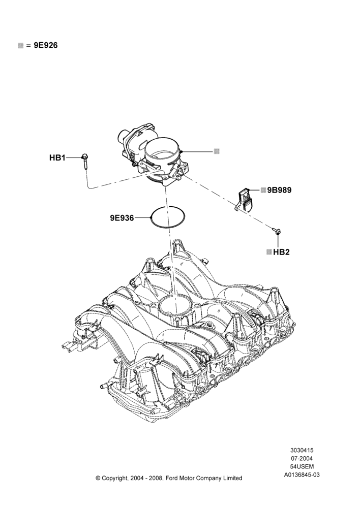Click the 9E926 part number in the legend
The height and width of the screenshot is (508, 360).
(46, 45)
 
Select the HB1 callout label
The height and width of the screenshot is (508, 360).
(57, 158)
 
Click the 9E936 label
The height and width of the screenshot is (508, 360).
(122, 218)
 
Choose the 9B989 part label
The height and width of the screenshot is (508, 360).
(279, 190)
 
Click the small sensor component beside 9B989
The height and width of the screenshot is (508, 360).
(246, 199)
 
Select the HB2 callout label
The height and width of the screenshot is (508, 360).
(281, 252)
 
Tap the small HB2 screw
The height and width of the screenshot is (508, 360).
(277, 231)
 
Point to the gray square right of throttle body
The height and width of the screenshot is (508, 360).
(217, 151)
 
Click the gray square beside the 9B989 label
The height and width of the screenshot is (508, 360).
(263, 190)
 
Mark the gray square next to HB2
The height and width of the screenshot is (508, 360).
(269, 252)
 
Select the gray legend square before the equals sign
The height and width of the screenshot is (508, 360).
(21, 46)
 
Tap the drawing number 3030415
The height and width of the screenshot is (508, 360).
(302, 450)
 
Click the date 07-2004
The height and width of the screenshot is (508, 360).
(302, 458)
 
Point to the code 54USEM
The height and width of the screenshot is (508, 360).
(302, 467)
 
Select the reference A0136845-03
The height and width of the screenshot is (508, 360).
(302, 475)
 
